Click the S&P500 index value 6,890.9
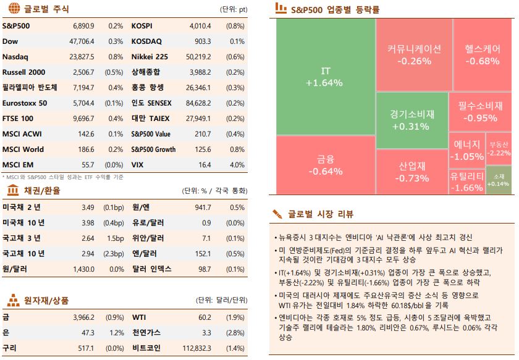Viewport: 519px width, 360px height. coord(83,26)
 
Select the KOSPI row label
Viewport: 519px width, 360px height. coord(142,26)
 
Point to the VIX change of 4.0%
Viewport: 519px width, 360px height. coord(237,165)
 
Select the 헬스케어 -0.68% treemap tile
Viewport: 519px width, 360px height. coord(482,54)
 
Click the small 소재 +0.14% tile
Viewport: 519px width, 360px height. coord(500,180)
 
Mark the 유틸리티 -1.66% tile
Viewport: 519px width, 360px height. coord(466,182)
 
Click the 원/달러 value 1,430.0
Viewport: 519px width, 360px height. coord(82,269)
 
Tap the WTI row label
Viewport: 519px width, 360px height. coord(138,317)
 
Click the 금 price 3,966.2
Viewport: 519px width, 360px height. coord(82,317)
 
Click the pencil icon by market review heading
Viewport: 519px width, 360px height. coord(278,214)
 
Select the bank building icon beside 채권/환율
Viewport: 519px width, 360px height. coord(12,190)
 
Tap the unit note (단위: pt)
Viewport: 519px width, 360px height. coord(234,10)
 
